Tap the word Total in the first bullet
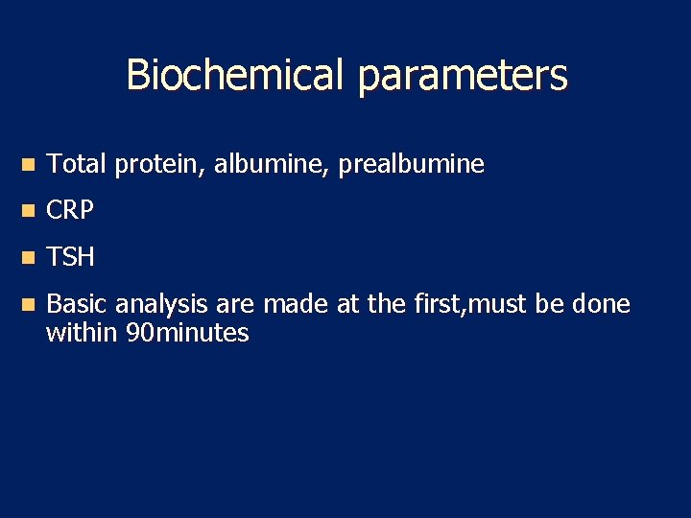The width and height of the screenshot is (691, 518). (77, 165)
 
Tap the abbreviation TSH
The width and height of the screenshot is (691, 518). (70, 257)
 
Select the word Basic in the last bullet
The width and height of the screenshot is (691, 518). (78, 305)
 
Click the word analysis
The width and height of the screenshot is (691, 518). (161, 306)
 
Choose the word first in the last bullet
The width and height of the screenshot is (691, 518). (435, 305)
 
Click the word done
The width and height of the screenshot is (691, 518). (600, 305)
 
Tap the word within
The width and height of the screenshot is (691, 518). (83, 333)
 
